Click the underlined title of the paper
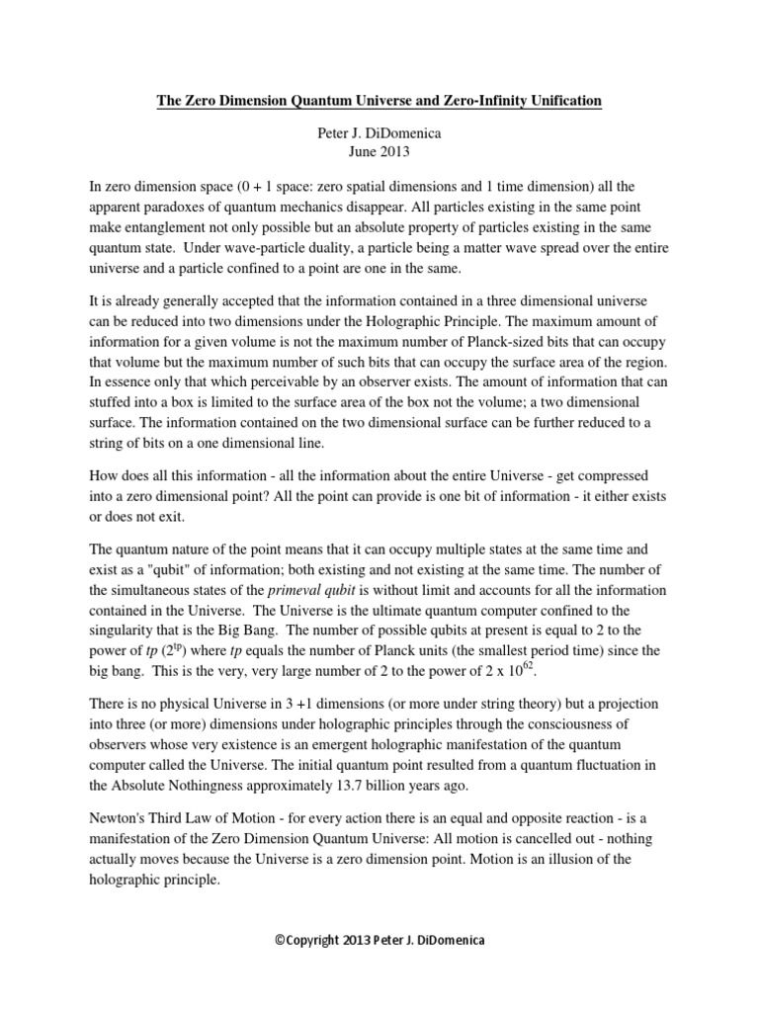(x=379, y=101)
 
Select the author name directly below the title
(x=379, y=131)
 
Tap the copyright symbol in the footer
(x=281, y=940)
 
